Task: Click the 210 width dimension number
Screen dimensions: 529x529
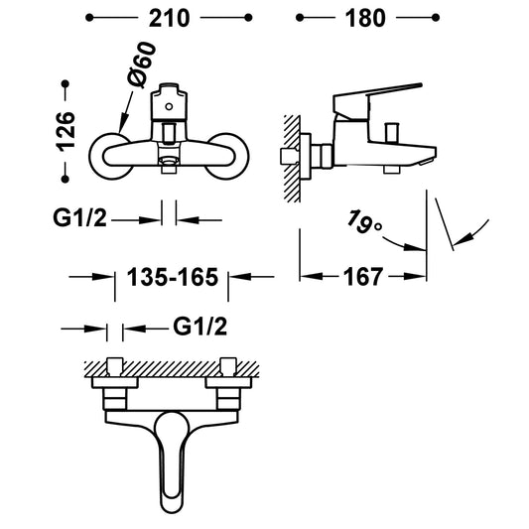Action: point(170,18)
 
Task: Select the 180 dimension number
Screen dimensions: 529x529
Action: point(365,18)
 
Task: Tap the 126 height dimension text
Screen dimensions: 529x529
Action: point(66,132)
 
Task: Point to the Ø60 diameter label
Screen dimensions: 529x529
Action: point(142,66)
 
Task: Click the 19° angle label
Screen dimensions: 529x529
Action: point(364,221)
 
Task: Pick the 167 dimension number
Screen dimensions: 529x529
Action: point(363,277)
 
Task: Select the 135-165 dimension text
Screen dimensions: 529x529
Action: point(173,277)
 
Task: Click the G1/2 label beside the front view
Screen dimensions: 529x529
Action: point(79,217)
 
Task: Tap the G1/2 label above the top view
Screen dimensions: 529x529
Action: point(200,327)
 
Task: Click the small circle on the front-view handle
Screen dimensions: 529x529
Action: point(169,107)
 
